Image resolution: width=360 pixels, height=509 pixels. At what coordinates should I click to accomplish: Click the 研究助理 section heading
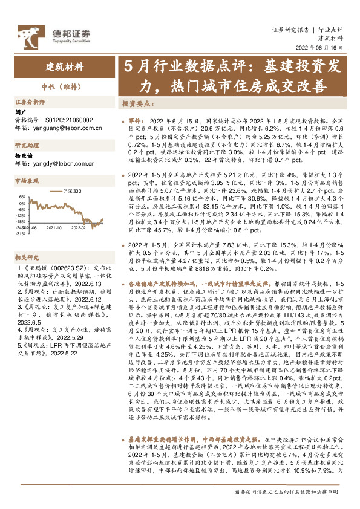(26, 146)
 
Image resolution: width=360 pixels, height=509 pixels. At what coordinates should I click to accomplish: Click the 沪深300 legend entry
(73, 189)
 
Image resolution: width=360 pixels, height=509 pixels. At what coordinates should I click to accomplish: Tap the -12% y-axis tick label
(21, 214)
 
